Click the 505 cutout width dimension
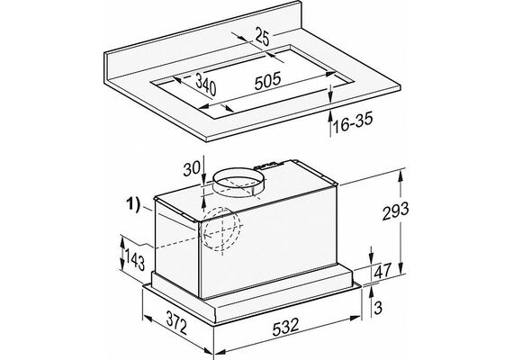click(267, 81)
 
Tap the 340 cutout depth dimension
click(206, 85)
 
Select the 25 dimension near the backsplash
click(263, 36)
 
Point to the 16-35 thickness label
click(353, 123)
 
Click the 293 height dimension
click(395, 211)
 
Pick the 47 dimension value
click(382, 271)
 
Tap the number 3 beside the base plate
click(378, 309)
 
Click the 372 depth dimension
click(176, 322)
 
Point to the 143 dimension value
click(134, 259)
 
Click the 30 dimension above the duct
click(192, 170)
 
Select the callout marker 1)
click(133, 206)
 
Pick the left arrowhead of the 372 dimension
click(148, 319)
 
